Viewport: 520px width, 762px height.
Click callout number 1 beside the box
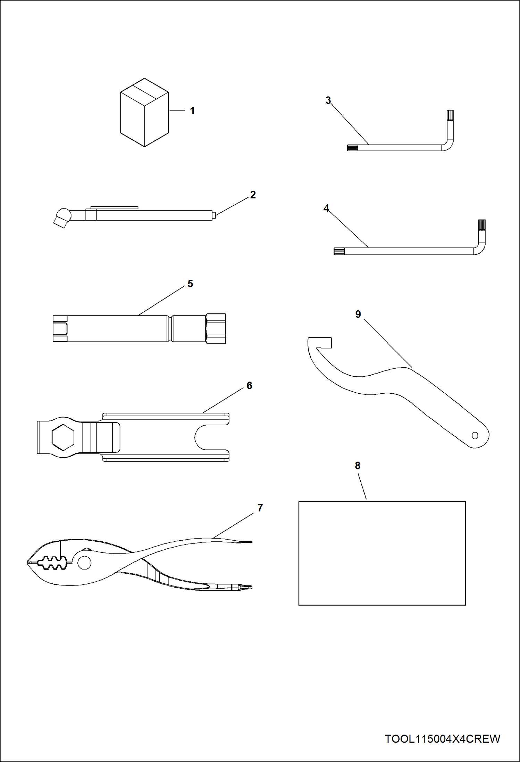192,111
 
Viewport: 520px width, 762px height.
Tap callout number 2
253,195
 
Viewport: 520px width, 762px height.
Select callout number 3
328,100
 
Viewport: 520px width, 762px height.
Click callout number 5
190,284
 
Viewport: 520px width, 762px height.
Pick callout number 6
249,385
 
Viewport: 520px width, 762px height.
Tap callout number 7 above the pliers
260,508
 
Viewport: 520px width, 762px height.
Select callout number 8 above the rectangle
358,466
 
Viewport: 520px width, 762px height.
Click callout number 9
358,314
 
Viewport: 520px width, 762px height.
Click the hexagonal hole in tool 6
63,436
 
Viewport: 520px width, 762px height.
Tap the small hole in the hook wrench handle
475,435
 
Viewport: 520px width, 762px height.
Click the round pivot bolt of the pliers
84,562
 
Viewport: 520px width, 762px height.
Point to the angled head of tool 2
62,217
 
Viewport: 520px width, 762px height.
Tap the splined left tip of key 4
339,251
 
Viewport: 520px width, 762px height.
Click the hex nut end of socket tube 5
216,329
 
